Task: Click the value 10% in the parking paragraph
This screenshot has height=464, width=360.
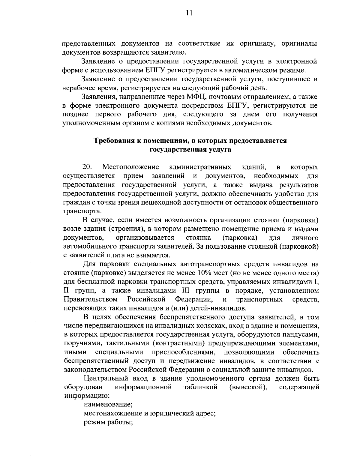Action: tap(204, 273)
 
